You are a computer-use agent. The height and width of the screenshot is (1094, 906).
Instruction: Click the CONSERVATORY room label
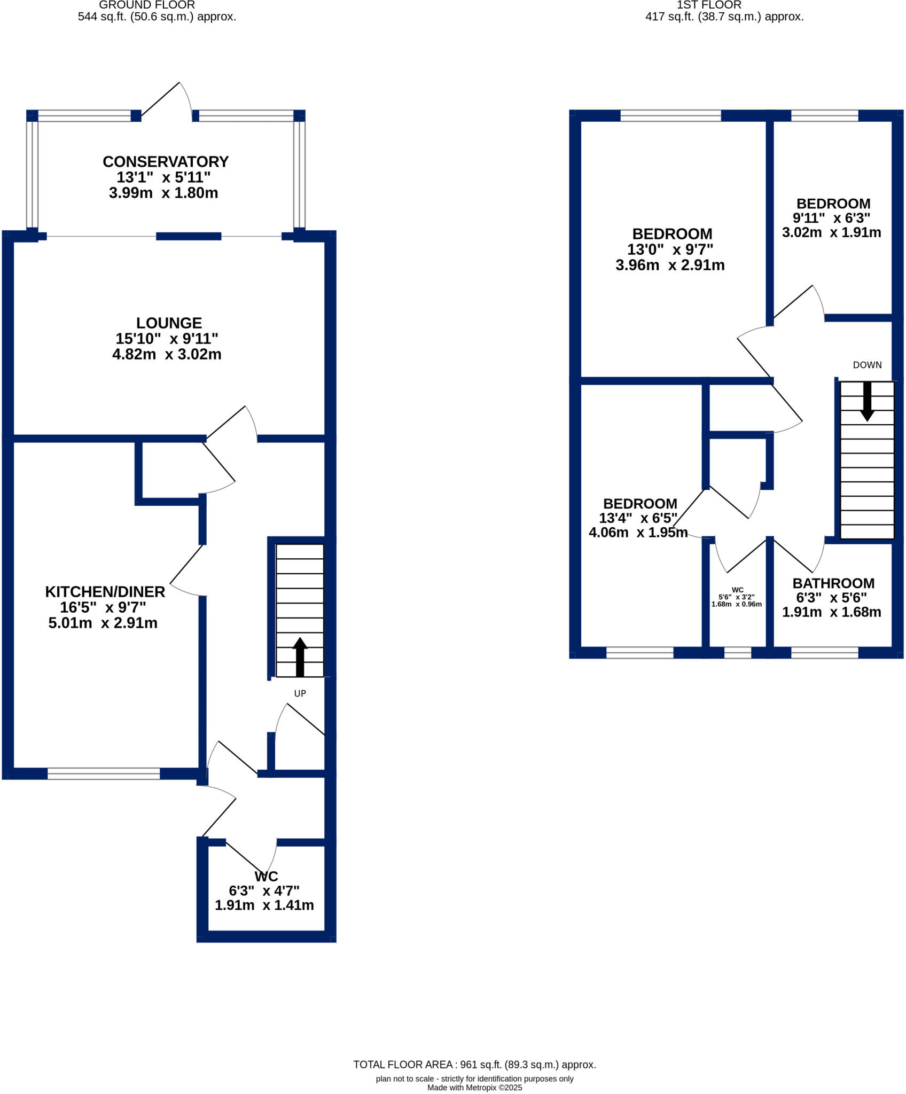point(166,161)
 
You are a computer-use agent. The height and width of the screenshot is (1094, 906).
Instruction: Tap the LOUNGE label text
point(169,323)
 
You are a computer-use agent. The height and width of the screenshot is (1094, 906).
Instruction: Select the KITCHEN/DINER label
point(105,592)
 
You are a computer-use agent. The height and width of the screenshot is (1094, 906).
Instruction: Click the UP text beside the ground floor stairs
point(300,693)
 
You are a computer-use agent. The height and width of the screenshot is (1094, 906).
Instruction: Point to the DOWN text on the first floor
point(867,365)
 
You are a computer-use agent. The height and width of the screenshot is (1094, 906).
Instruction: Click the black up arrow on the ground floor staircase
point(300,657)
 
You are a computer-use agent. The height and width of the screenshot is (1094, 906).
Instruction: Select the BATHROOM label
point(833,583)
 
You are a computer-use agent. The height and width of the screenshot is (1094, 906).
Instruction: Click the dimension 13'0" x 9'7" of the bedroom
point(670,249)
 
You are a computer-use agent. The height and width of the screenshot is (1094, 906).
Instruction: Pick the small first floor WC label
point(737,590)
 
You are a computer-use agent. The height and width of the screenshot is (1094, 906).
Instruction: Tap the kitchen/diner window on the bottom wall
point(104,773)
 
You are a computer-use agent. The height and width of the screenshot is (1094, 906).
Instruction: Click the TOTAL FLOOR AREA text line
point(474,1065)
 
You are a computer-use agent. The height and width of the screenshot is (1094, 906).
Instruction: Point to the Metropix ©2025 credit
point(474,1088)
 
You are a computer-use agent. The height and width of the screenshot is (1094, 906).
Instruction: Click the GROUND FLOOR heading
point(147,5)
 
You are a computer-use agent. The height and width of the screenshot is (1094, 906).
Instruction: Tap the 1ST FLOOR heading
point(709,5)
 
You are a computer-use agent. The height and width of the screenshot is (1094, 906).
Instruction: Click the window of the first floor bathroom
point(824,652)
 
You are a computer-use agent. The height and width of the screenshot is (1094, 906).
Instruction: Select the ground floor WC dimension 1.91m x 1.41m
point(264,905)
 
